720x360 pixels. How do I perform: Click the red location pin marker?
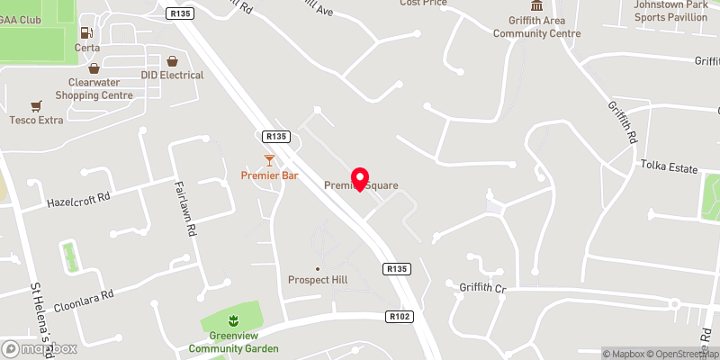click(360, 177)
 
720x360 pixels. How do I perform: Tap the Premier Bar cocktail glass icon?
click(269, 160)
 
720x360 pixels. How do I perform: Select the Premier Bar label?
click(269, 175)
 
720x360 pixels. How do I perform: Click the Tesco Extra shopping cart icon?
click(36, 105)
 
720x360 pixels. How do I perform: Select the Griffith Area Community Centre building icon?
click(536, 8)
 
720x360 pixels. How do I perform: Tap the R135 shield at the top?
click(181, 13)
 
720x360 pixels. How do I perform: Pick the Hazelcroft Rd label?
click(77, 198)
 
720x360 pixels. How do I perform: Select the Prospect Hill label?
click(317, 280)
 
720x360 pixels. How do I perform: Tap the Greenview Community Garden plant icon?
click(233, 321)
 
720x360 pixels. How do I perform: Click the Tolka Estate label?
click(669, 166)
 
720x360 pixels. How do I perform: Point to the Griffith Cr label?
click(482, 289)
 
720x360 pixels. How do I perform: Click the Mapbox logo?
click(38, 348)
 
